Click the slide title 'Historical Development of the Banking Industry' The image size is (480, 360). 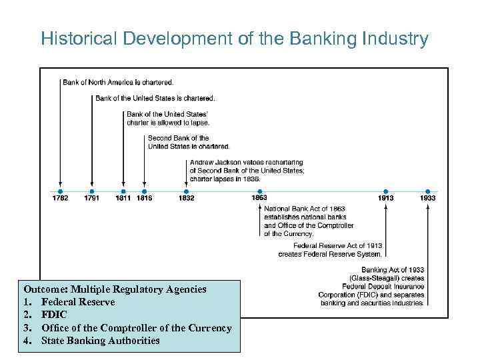(234, 39)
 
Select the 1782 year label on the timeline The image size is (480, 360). (60, 198)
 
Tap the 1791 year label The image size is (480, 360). (92, 198)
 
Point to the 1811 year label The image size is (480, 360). (123, 198)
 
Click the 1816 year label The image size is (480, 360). (144, 198)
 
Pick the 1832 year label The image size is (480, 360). (186, 198)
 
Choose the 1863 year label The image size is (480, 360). (259, 198)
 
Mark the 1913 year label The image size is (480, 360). (385, 198)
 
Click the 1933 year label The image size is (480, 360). (427, 198)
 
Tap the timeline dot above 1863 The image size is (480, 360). (259, 191)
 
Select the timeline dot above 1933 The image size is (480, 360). (427, 191)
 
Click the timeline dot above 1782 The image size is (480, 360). (60, 191)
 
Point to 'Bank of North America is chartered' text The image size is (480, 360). (118, 83)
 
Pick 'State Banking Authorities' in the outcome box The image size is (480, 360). (100, 340)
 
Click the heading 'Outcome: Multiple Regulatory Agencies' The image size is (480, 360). (115, 289)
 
